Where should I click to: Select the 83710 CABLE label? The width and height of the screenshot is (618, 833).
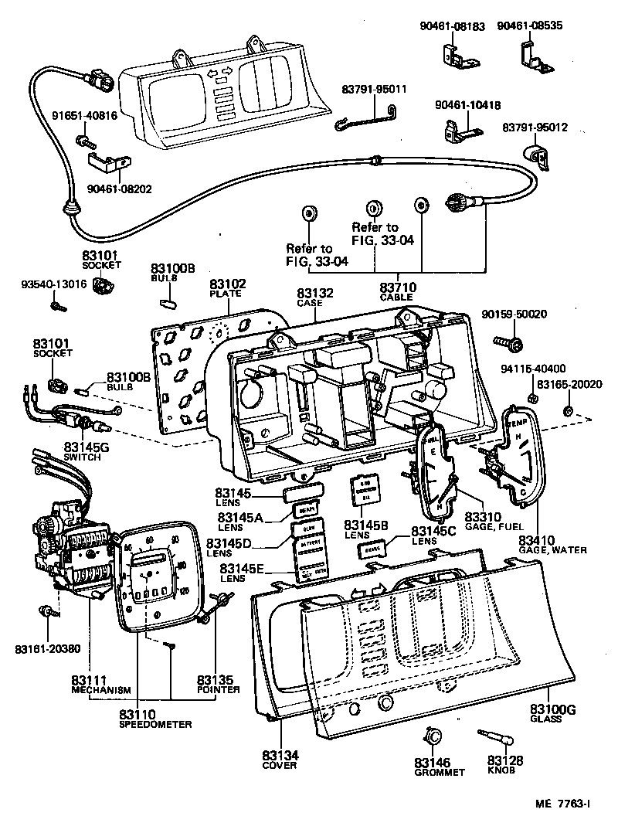click(397, 291)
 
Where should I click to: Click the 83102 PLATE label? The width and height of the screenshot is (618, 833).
click(226, 288)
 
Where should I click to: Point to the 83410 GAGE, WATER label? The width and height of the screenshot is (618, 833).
click(552, 543)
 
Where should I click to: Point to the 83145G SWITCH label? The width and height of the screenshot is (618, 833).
click(85, 451)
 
